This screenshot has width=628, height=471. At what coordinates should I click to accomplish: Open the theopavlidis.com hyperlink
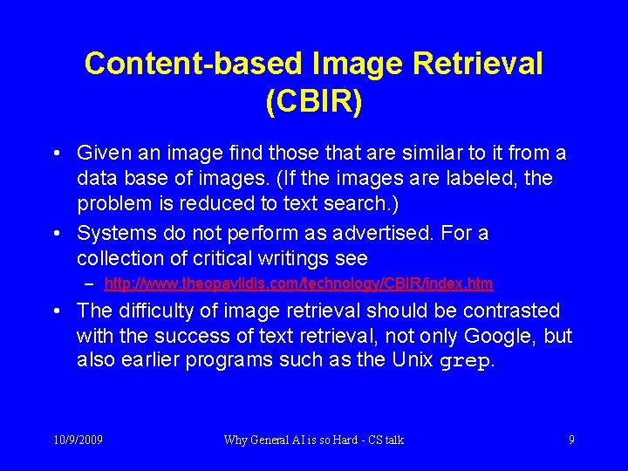coord(298,283)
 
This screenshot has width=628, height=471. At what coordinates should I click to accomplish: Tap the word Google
coord(496,337)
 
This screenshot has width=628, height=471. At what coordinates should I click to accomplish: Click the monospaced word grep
coord(465,361)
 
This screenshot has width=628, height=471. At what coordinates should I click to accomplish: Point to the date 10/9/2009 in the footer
coord(78,440)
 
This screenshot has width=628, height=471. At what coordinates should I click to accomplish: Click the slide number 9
coord(571,440)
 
